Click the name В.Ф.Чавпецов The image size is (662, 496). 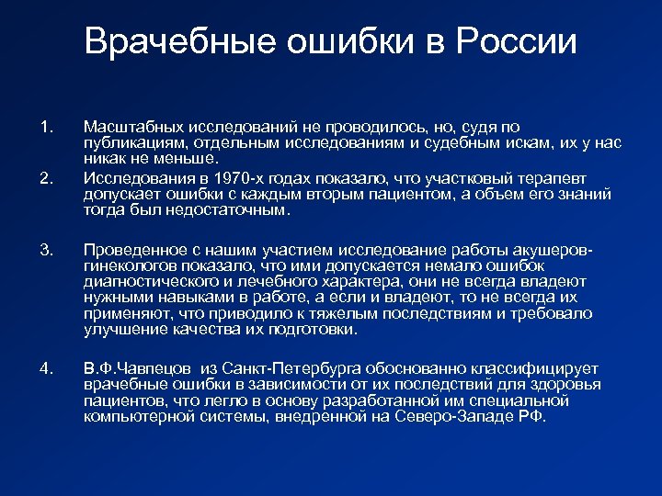tap(137, 369)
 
